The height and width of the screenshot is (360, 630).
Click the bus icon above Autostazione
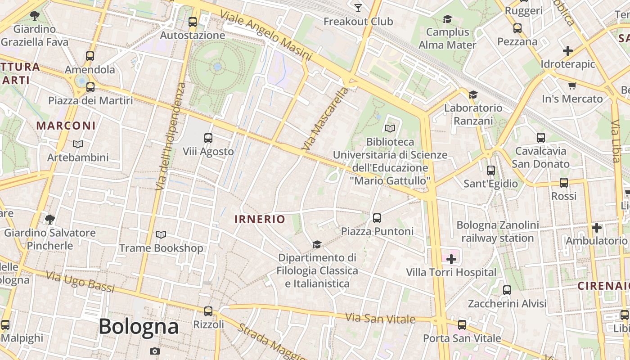click(x=193, y=22)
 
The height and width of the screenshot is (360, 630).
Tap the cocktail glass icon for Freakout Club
click(x=358, y=8)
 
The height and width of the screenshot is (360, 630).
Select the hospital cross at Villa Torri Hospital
click(x=451, y=259)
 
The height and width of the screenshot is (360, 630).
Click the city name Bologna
click(x=139, y=326)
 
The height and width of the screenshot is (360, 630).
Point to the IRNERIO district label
click(x=260, y=219)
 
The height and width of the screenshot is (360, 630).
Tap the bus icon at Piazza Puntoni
click(x=377, y=218)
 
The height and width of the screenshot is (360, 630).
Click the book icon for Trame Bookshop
click(x=161, y=235)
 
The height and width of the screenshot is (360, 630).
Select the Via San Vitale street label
click(x=380, y=319)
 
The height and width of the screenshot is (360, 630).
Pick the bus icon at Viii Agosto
click(x=208, y=138)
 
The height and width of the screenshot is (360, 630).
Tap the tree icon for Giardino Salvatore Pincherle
click(x=49, y=220)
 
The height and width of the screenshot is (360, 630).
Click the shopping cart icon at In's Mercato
click(x=572, y=85)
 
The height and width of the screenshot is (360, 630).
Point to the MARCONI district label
click(x=66, y=126)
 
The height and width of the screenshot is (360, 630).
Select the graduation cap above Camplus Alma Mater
click(x=447, y=19)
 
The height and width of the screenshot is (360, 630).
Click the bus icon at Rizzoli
click(x=208, y=311)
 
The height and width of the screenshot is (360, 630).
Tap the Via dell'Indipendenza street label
click(x=169, y=136)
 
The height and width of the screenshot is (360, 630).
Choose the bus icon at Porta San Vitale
click(x=462, y=325)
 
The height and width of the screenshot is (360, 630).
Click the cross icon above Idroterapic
click(x=568, y=51)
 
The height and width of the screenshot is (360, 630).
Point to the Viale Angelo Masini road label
click(x=266, y=36)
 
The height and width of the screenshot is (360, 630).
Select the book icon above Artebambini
click(x=78, y=144)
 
